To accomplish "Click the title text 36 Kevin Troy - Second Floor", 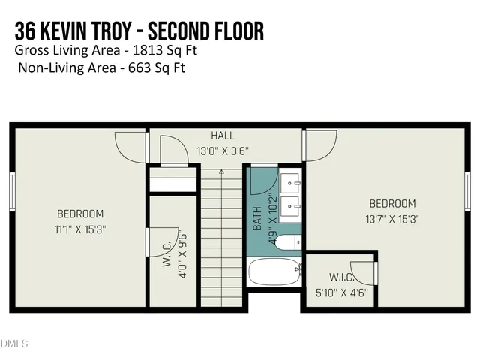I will [139, 32].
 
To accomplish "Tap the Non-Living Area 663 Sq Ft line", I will [101, 67].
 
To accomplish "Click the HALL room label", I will [222, 136].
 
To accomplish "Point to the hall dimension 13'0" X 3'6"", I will [222, 151].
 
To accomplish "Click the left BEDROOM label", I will [80, 214].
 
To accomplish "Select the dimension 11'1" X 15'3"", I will [80, 229].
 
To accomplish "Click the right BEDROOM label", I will [392, 204].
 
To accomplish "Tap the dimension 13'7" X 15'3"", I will [392, 220].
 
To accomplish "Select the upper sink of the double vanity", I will [291, 182].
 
